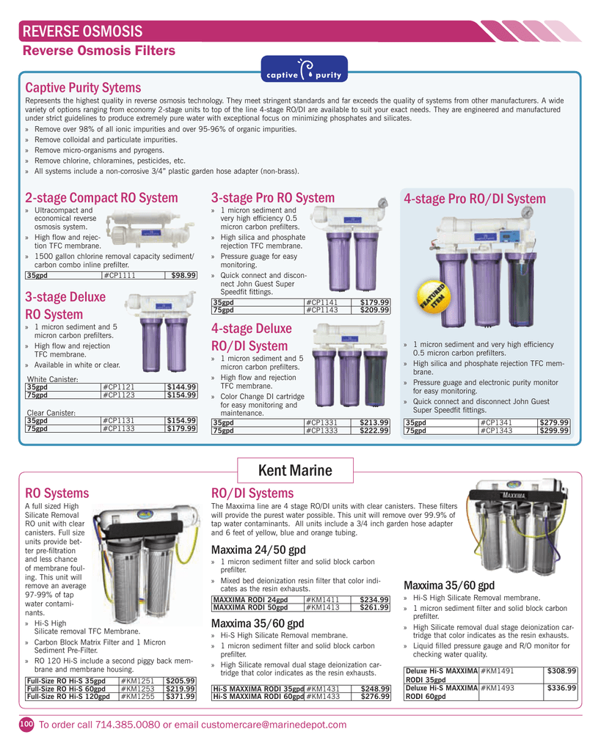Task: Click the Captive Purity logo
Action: pyautogui.click(x=304, y=70)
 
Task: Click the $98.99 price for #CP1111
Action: pyautogui.click(x=183, y=276)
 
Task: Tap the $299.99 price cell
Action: pyautogui.click(x=555, y=431)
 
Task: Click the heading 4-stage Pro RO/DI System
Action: pyautogui.click(x=475, y=199)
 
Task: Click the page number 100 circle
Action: pyautogui.click(x=26, y=725)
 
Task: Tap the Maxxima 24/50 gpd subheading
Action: pyautogui.click(x=258, y=550)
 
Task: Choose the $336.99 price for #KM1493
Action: pyautogui.click(x=562, y=688)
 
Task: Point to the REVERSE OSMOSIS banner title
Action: pyautogui.click(x=82, y=32)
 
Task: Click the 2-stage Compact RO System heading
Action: pyautogui.click(x=101, y=198)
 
